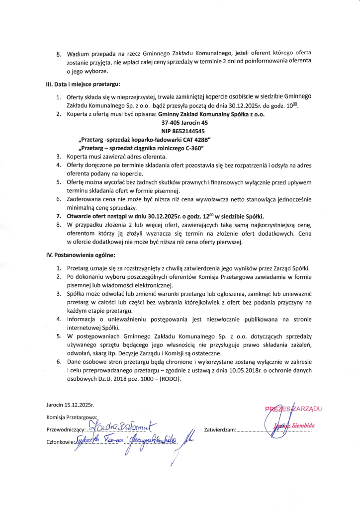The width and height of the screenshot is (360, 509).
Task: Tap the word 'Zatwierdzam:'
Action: click(x=220, y=428)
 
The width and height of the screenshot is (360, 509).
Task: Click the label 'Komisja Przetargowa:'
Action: click(x=72, y=417)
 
